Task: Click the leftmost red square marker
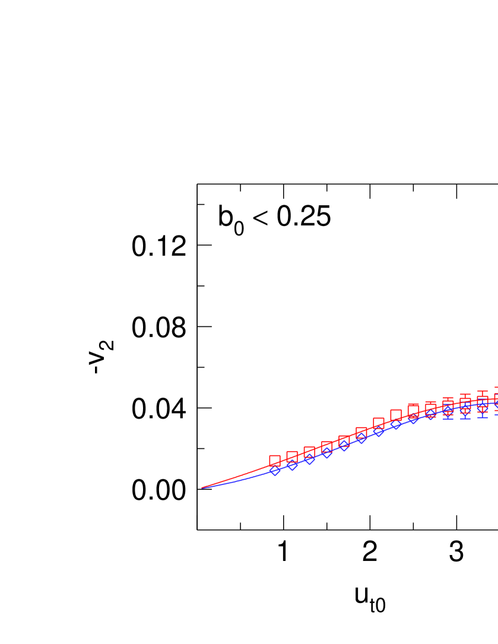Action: pyautogui.click(x=275, y=461)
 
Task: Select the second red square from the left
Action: pyautogui.click(x=292, y=457)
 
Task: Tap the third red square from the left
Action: pyautogui.click(x=309, y=452)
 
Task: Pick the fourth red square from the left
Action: pyautogui.click(x=326, y=447)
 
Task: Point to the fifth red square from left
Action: pyautogui.click(x=344, y=441)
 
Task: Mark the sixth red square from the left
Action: pyautogui.click(x=361, y=433)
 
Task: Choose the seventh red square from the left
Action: pyautogui.click(x=379, y=423)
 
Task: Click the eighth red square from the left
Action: pyautogui.click(x=396, y=415)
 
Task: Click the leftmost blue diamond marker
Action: pyautogui.click(x=275, y=470)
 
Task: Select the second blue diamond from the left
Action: pyautogui.click(x=292, y=465)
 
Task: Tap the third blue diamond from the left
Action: pyautogui.click(x=309, y=458)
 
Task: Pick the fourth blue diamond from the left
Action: pyautogui.click(x=326, y=452)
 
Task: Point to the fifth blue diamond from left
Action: pyautogui.click(x=344, y=445)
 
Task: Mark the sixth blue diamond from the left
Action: pyautogui.click(x=361, y=438)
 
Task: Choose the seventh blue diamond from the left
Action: pyautogui.click(x=379, y=431)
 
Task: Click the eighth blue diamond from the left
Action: pyautogui.click(x=396, y=424)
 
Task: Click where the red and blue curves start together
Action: pyautogui.click(x=202, y=487)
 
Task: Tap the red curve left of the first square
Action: pyautogui.click(x=237, y=476)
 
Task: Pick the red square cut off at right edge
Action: pyautogui.click(x=496, y=398)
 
